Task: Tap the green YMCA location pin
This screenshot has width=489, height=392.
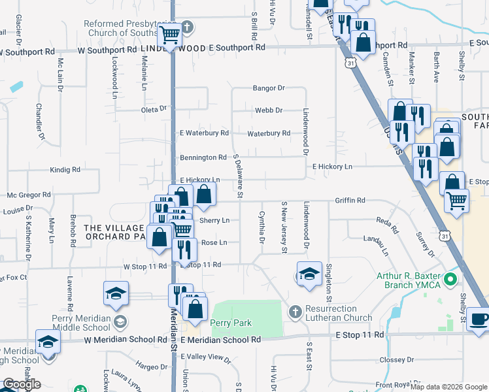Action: pos(450,281)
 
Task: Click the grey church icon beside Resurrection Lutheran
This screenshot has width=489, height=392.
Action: pos(295,312)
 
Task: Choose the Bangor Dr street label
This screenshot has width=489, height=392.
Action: pos(269,88)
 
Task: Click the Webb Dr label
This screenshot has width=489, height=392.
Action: pos(269,110)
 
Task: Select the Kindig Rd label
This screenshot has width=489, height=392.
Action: pos(65,169)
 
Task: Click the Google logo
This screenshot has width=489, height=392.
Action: pos(21,384)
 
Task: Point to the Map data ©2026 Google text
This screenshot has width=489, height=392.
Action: pos(448,387)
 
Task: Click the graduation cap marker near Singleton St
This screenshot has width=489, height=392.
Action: pos(309,273)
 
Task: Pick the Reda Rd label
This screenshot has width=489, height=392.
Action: pos(388,226)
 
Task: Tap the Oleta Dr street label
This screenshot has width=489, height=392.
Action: pos(154,110)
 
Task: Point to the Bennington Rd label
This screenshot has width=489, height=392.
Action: pos(203,157)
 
